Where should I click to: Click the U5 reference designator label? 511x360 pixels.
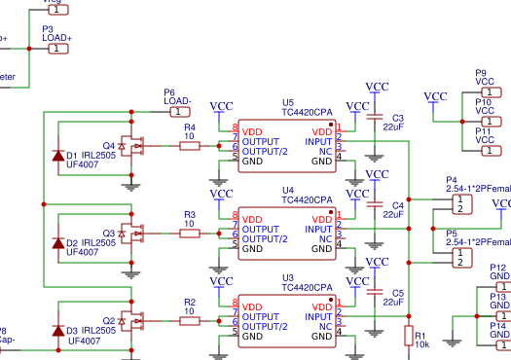[287, 102]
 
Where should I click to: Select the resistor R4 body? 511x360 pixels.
[190, 146]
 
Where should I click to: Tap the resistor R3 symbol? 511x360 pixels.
[190, 234]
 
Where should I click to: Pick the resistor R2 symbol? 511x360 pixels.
[190, 320]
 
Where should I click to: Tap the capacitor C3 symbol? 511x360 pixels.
[376, 118]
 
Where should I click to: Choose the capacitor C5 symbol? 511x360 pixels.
[376, 293]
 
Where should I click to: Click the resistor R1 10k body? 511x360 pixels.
[409, 336]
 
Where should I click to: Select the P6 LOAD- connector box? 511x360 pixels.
[176, 111]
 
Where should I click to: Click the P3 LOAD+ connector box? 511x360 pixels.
[59, 48]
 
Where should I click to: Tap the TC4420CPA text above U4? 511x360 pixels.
[307, 199]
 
